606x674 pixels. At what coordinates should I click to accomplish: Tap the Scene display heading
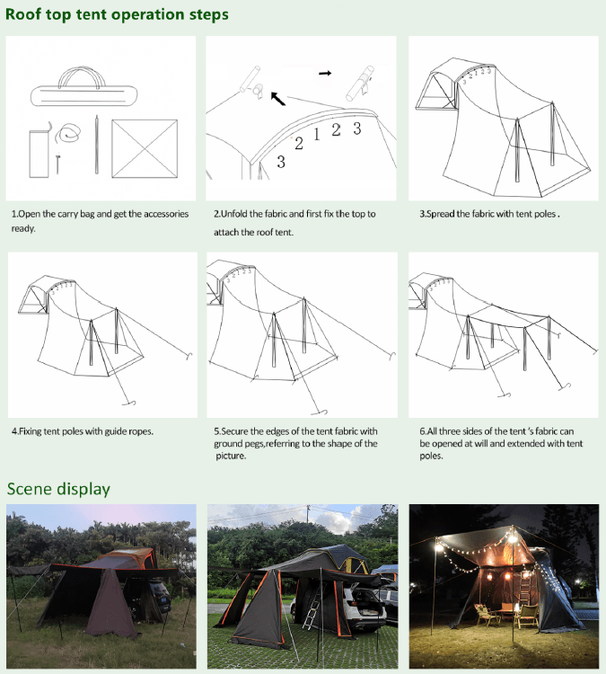point(58,489)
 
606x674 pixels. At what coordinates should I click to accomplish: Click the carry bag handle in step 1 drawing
point(82,70)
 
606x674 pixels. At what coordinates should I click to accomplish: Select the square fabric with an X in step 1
point(145,148)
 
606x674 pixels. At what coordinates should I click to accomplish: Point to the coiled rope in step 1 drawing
point(69,133)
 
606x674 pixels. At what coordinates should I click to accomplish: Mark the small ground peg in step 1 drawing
point(57,164)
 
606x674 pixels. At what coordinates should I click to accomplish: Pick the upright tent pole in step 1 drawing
point(97,145)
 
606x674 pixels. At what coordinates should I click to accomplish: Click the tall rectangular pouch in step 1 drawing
point(39,154)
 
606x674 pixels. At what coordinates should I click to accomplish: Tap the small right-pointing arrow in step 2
point(325,73)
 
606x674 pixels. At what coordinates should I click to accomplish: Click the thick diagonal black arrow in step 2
point(278,99)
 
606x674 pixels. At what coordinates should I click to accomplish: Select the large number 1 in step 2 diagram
point(317,135)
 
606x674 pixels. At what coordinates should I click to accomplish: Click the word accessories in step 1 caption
point(166,214)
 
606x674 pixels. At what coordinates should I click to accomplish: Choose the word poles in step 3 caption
point(545,214)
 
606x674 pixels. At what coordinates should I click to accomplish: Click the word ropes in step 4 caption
point(141,431)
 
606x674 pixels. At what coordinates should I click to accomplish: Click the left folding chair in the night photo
point(487,615)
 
